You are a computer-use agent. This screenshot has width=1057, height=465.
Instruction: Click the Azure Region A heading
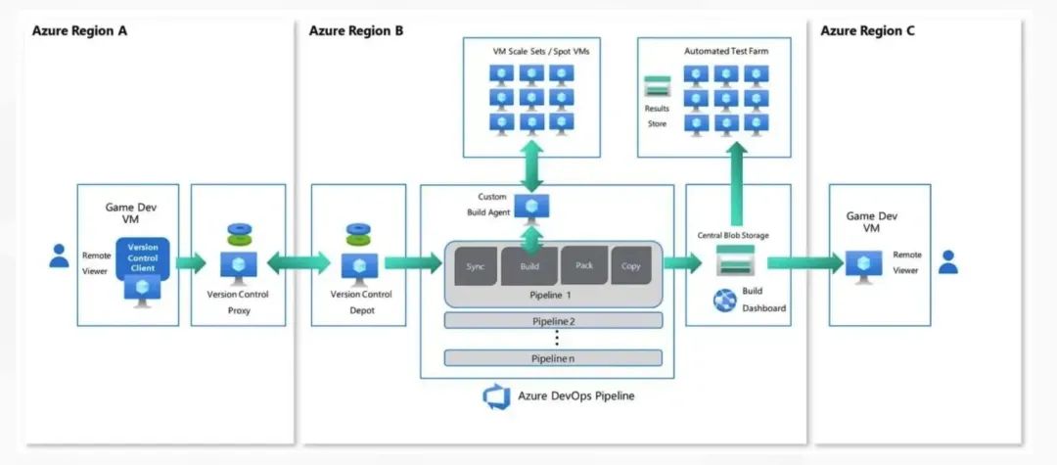coord(80,30)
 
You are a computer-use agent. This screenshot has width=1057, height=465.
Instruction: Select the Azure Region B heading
coord(356,30)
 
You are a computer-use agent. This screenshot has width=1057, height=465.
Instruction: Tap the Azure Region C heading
coord(868,30)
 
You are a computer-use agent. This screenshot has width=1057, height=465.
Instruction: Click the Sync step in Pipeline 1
coord(476,265)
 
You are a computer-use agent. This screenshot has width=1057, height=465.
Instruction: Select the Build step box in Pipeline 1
coord(529,265)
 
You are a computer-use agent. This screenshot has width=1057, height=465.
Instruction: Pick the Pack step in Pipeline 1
coord(584,265)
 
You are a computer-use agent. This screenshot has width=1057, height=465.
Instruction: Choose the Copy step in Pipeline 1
coord(630,265)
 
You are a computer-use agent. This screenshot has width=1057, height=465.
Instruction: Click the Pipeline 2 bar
coord(553,320)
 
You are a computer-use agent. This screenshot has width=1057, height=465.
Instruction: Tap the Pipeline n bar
coord(553,358)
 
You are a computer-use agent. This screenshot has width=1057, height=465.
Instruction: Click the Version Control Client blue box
coord(143,256)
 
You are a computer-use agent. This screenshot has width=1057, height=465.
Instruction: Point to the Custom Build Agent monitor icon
coord(532,207)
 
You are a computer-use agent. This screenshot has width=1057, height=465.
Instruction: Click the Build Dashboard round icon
coord(725,300)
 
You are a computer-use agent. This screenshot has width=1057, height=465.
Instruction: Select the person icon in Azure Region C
coord(946,261)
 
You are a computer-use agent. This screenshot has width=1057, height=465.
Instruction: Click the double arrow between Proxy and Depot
coord(299,262)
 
